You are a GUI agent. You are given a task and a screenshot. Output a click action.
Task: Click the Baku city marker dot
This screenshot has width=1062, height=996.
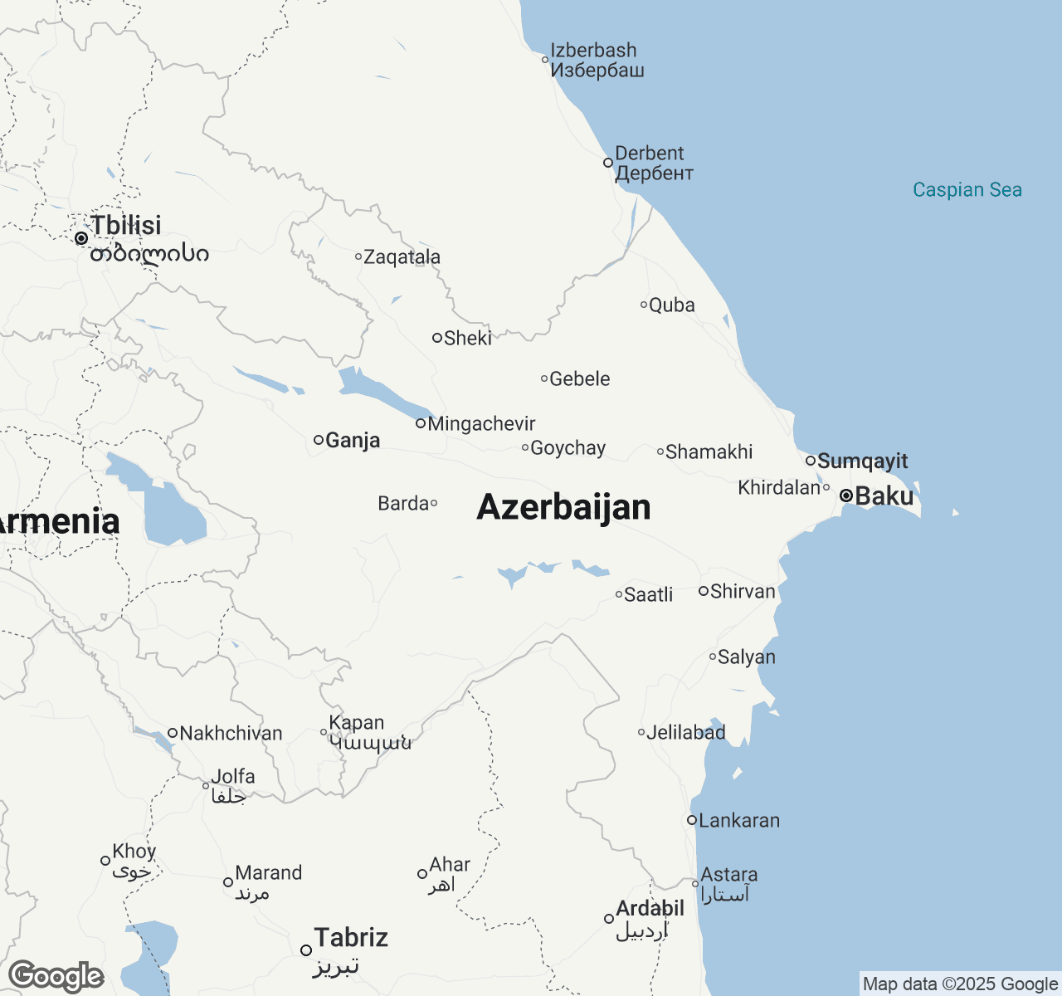846,496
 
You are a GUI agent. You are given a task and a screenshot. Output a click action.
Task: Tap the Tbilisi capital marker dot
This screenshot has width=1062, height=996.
81,238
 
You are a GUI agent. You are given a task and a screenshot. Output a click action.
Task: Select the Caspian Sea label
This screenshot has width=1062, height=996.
967,190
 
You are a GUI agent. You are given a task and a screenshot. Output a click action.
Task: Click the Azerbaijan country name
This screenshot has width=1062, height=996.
563,507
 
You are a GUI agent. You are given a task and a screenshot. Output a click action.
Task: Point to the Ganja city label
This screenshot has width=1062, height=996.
353,440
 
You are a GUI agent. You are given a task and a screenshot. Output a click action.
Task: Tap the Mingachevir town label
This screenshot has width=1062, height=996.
481,424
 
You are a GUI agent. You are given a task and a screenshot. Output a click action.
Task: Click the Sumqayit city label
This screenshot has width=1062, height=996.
863,461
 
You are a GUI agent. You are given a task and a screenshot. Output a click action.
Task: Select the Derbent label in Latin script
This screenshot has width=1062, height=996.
649,154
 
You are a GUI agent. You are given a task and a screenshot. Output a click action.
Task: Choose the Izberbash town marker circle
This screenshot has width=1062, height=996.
545,60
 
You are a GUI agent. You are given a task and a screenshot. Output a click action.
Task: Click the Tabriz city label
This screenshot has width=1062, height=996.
351,938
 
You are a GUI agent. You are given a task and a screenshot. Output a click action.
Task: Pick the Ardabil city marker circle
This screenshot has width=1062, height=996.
609,919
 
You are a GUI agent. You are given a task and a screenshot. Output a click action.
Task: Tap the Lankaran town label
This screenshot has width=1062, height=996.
739,821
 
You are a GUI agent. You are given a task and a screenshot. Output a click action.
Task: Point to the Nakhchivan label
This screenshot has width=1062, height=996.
231,734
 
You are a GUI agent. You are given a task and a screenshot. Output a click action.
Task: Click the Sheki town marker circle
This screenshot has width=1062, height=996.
437,338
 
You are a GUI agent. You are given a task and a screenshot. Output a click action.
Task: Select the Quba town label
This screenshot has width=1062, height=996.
671,305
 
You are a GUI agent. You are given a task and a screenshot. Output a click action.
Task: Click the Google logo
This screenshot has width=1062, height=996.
56,977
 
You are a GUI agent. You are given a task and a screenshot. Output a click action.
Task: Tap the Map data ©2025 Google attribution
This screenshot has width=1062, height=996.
960,984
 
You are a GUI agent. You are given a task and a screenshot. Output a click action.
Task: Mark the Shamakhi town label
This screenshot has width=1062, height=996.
709,452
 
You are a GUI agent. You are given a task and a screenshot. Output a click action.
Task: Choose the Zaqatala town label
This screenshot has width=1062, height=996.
402,257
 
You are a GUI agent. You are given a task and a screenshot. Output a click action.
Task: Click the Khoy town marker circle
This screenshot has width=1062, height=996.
105,861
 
